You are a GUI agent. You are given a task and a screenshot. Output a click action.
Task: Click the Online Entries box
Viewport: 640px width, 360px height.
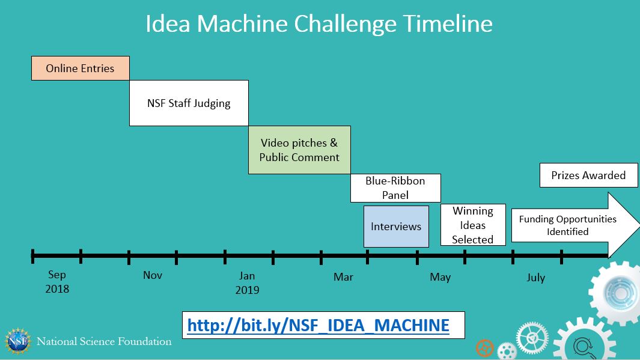pyautogui.click(x=81, y=68)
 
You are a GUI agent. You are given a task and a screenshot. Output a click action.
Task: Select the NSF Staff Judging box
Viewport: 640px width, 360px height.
pyautogui.click(x=189, y=103)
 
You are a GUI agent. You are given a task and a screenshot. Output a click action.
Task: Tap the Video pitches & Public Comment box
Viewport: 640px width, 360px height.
pyautogui.click(x=300, y=150)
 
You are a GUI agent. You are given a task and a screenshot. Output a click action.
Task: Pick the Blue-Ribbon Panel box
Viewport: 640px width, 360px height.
pyautogui.click(x=395, y=188)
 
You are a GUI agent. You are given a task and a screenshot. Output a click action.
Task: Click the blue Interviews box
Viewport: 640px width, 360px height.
pyautogui.click(x=397, y=227)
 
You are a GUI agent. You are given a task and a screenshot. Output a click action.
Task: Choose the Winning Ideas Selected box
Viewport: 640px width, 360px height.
pyautogui.click(x=473, y=225)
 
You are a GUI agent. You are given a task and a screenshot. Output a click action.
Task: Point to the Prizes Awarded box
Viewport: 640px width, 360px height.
pyautogui.click(x=588, y=175)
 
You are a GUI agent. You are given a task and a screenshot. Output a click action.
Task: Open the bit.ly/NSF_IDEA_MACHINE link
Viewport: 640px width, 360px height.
pyautogui.click(x=318, y=325)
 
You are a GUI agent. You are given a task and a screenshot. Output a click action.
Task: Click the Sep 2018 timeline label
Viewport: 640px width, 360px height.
pyautogui.click(x=57, y=282)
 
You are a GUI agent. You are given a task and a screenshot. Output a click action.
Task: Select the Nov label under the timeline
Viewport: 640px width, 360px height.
pyautogui.click(x=153, y=275)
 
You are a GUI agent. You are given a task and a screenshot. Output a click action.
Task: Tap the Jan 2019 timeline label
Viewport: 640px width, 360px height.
pyautogui.click(x=248, y=283)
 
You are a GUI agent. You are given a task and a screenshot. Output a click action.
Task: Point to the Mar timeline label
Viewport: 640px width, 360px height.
pyautogui.click(x=343, y=277)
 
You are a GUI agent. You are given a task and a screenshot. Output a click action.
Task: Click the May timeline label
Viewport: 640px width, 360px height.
pyautogui.click(x=440, y=277)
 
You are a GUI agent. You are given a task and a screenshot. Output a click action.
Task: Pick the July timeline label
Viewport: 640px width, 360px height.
pyautogui.click(x=536, y=278)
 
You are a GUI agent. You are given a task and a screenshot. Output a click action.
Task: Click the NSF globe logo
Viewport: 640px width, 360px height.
pyautogui.click(x=17, y=341)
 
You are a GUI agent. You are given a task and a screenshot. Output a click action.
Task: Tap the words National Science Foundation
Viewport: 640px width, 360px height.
pyautogui.click(x=104, y=341)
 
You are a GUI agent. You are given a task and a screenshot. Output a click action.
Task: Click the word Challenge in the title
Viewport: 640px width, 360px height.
pyautogui.click(x=346, y=24)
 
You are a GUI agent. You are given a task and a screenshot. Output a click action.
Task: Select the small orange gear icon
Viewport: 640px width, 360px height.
pyautogui.click(x=485, y=349)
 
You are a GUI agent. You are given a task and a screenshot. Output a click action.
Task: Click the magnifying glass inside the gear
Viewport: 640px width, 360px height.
pyautogui.click(x=584, y=347)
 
